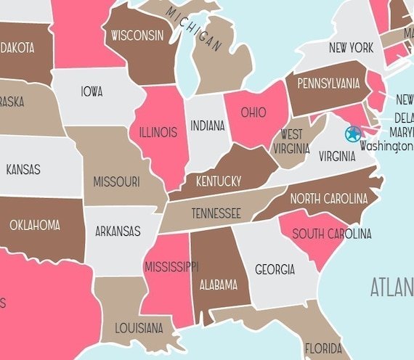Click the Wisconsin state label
(137, 35)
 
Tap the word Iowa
(92, 92)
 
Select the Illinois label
(158, 133)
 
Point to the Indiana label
(208, 126)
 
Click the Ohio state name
(253, 112)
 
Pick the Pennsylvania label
(328, 83)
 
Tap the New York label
(351, 48)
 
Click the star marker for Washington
(353, 134)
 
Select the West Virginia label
(291, 142)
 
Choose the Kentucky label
(218, 181)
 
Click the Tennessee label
(216, 213)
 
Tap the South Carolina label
(331, 234)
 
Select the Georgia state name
(275, 269)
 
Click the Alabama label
(219, 285)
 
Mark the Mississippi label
(171, 266)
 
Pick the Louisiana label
(139, 328)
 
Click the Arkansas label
(118, 232)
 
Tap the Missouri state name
(116, 182)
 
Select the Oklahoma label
(35, 225)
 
